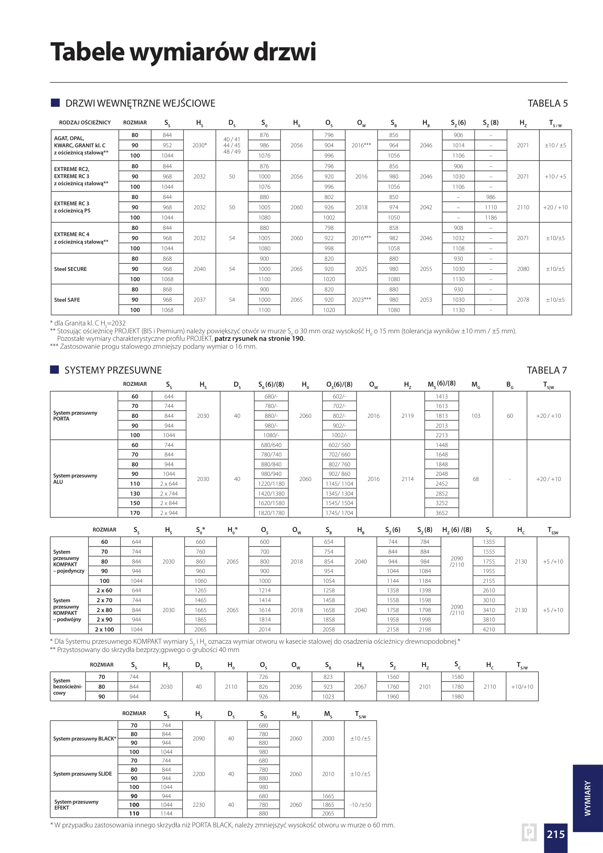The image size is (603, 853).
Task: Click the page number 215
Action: coord(555,834)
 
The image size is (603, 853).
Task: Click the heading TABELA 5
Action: coord(547,103)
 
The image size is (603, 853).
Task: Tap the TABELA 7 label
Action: coord(547,370)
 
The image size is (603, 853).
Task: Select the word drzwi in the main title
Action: coord(284,52)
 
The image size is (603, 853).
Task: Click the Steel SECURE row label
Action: coord(70,269)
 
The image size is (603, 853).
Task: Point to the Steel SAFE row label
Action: coord(67,300)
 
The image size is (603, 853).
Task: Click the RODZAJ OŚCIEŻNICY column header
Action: coord(85,122)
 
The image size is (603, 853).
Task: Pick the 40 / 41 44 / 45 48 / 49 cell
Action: coord(232,145)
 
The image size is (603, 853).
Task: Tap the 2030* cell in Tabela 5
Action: coord(199,145)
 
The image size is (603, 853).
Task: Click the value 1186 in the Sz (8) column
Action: coord(491,218)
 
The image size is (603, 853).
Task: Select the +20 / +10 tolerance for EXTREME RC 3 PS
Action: coord(555,207)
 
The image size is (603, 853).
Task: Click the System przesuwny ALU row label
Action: coord(75,479)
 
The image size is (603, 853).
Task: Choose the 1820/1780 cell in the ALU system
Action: coord(271,513)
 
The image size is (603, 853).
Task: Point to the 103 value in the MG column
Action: coord(476,416)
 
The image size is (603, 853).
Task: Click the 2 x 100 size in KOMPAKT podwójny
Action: coord(104,629)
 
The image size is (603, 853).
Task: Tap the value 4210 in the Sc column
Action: coord(489,629)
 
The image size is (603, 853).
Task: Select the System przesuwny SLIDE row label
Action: coord(83,774)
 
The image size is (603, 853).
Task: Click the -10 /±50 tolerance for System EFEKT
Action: coord(360,804)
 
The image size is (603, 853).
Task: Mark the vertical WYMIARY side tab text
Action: coord(588,798)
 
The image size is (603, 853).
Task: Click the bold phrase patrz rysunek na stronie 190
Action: coord(259,338)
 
